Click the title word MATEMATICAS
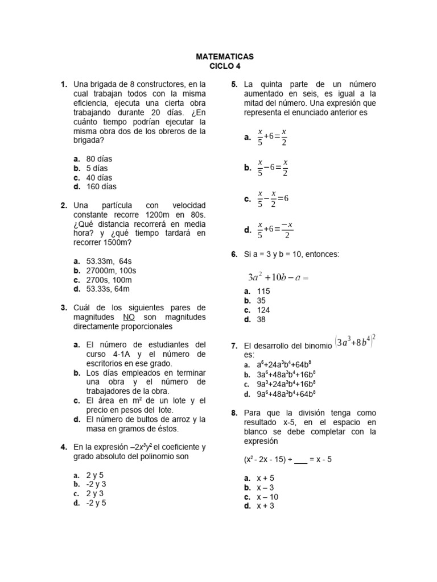225,57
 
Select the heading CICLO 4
225,66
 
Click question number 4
64,447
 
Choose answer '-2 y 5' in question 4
96,502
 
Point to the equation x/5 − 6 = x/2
273,168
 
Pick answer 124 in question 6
263,310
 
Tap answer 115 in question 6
263,291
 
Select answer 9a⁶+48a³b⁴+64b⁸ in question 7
287,394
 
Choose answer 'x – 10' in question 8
267,497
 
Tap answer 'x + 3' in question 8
265,506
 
